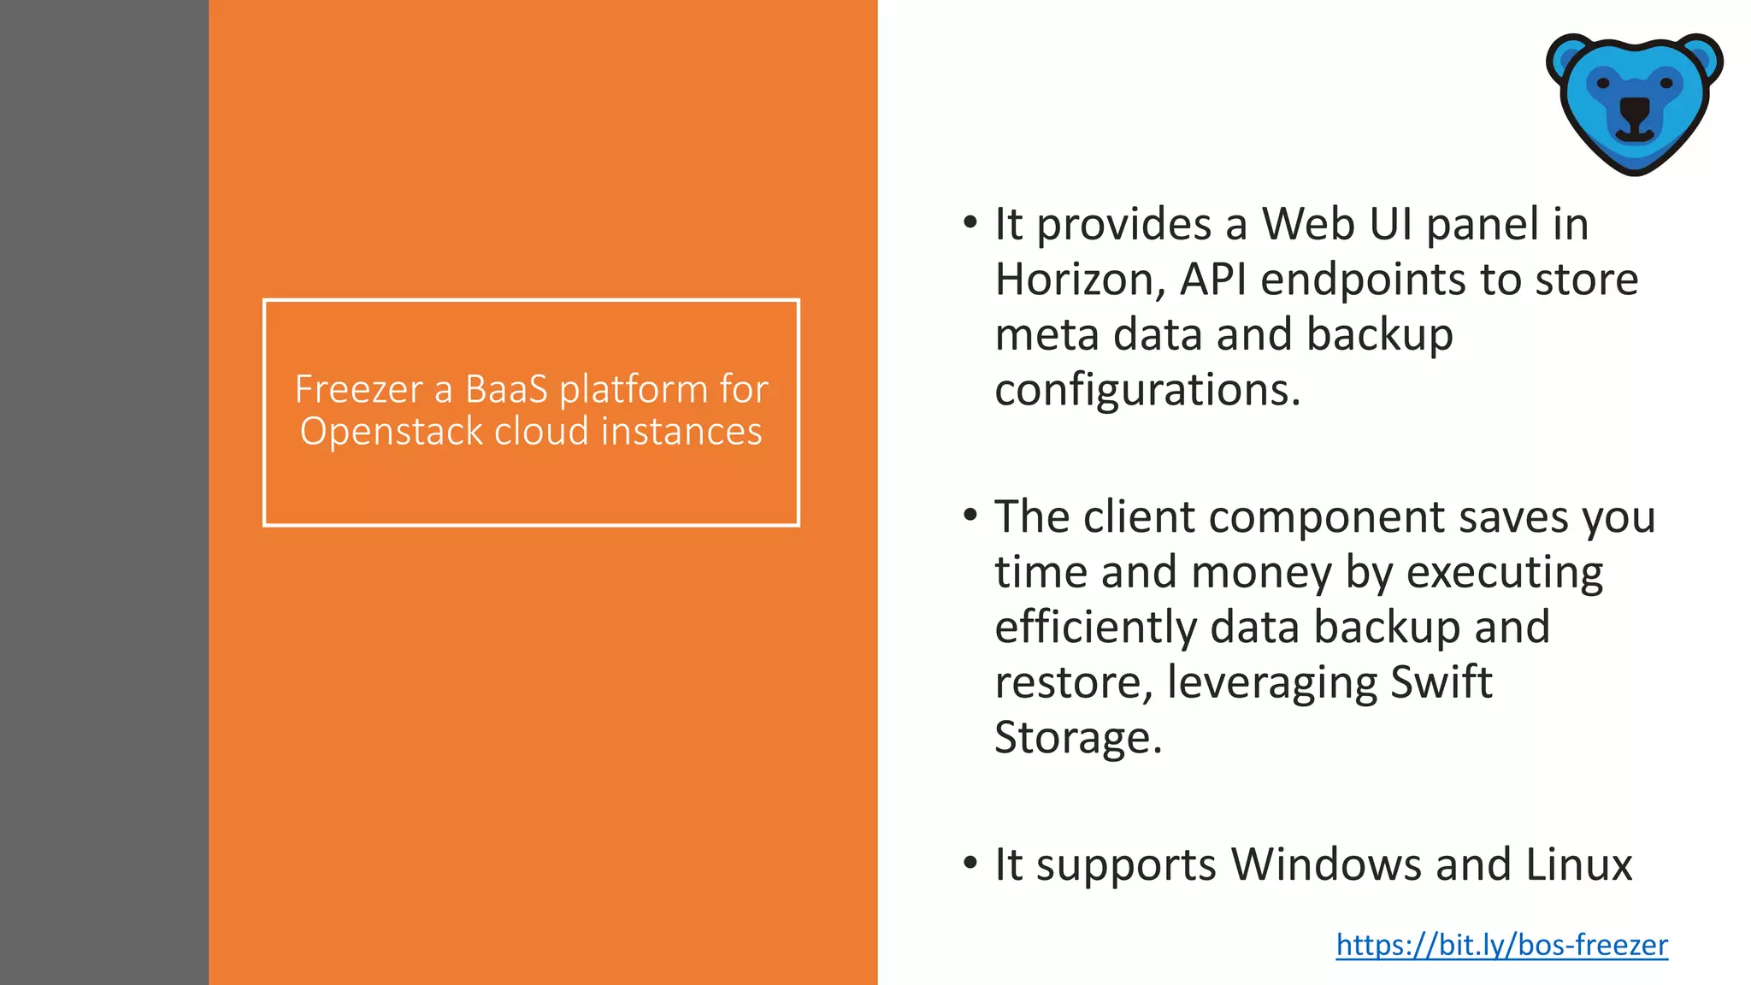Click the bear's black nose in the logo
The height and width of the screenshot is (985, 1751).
coord(1635,109)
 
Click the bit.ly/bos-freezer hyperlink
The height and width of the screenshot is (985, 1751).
coord(1501,945)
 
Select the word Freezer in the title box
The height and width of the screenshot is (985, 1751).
coord(359,389)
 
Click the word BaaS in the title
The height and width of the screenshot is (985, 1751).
coord(506,389)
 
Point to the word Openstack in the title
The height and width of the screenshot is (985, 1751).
coord(392,431)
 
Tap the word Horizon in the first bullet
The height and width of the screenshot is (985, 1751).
coord(1079,280)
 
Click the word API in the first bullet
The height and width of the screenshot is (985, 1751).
coord(1214,280)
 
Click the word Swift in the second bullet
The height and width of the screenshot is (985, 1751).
coord(1441,682)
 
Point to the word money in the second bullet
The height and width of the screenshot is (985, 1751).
coord(1261,573)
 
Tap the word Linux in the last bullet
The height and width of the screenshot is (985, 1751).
coord(1578,864)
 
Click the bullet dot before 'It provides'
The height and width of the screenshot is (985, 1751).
coord(970,223)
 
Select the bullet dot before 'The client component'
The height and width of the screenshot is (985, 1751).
coord(970,516)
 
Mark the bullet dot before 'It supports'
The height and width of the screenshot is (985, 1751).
coord(970,863)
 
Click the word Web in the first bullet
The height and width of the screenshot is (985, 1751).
coord(1309,224)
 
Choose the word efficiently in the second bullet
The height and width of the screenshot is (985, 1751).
coord(1096,628)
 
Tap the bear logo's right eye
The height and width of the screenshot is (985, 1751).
coord(1666,82)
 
